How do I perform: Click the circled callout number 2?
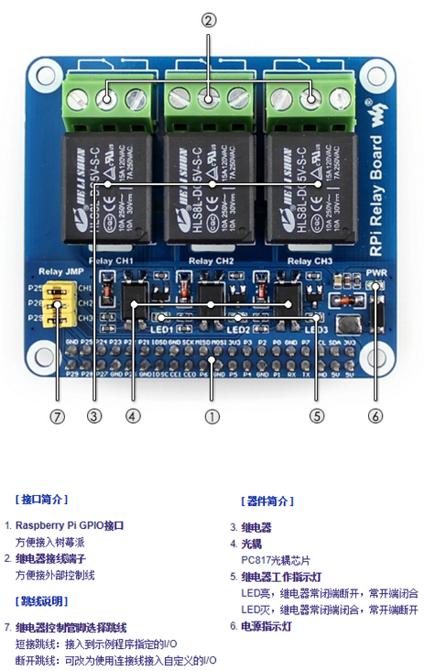[208, 21]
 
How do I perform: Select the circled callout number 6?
[376, 416]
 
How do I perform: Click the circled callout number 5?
[316, 416]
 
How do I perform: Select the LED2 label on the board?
[237, 330]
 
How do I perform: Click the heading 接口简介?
[41, 500]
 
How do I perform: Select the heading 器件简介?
[267, 501]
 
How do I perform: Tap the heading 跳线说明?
[41, 601]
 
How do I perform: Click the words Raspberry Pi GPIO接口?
[70, 525]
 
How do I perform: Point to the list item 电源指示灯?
[267, 627]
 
